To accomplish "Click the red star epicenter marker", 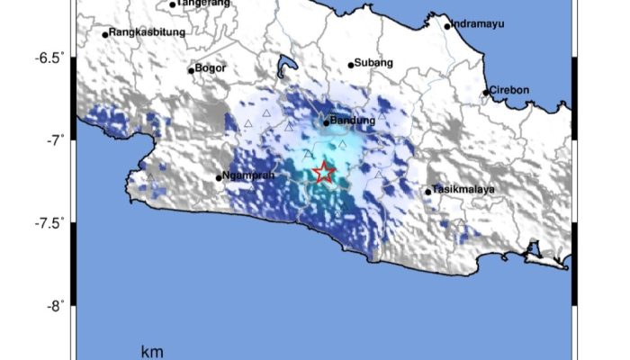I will tap(324, 173).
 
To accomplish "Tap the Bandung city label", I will tap(352, 120).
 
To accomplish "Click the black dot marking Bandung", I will tap(327, 122).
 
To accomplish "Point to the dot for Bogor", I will tap(191, 70).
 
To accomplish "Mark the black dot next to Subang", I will tap(351, 65).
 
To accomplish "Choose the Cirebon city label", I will tap(510, 89).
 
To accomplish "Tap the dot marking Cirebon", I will tap(486, 92).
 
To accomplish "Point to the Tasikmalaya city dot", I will tap(428, 192).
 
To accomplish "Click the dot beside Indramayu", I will tap(447, 26).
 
